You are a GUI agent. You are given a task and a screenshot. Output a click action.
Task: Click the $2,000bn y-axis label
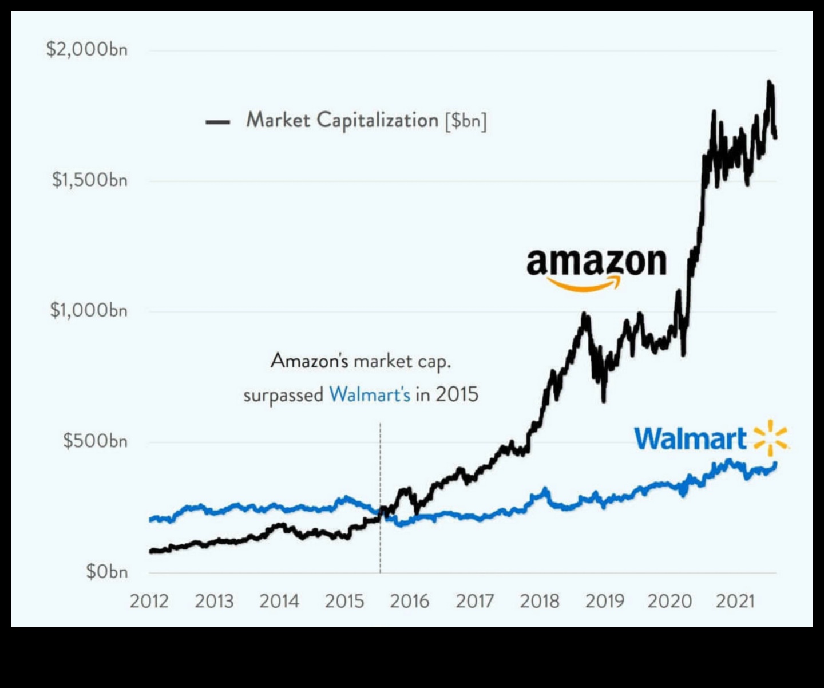point(86,50)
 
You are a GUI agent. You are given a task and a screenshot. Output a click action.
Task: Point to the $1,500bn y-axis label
point(89,180)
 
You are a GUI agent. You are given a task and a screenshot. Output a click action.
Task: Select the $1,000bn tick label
point(88,311)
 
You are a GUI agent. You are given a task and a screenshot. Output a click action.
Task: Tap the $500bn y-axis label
point(95,441)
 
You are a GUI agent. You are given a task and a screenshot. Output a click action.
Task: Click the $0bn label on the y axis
point(106,572)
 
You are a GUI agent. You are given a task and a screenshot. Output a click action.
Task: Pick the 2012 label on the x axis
point(149,602)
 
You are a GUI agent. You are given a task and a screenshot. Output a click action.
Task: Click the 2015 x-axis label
point(344,602)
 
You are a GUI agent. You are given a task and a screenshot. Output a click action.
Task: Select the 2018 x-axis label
point(540,602)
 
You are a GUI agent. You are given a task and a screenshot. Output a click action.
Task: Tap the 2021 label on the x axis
point(735,602)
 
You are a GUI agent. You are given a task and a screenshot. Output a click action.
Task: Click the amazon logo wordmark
point(596,263)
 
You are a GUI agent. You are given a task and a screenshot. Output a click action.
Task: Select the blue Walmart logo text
point(690,440)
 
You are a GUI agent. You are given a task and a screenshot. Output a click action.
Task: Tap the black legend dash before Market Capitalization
point(217,122)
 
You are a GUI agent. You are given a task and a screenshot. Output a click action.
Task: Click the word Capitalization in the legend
point(377,121)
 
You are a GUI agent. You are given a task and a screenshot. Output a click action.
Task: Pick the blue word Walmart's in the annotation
point(370,395)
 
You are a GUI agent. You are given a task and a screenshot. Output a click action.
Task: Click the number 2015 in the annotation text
point(457,395)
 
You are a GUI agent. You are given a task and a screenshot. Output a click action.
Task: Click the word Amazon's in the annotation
point(309,361)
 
